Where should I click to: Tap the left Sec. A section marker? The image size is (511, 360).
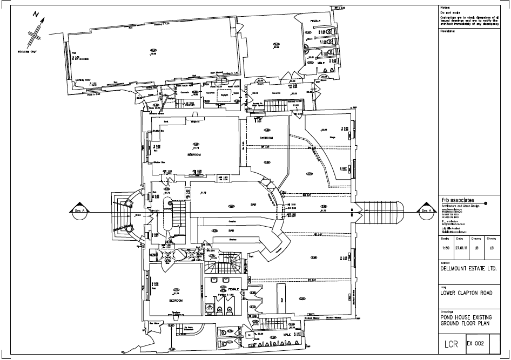(78, 210)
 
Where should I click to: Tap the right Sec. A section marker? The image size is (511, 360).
(426, 210)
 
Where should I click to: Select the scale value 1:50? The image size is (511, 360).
(444, 249)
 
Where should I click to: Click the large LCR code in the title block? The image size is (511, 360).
(451, 344)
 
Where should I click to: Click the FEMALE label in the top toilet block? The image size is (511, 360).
(315, 21)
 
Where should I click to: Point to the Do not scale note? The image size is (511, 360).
(450, 12)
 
